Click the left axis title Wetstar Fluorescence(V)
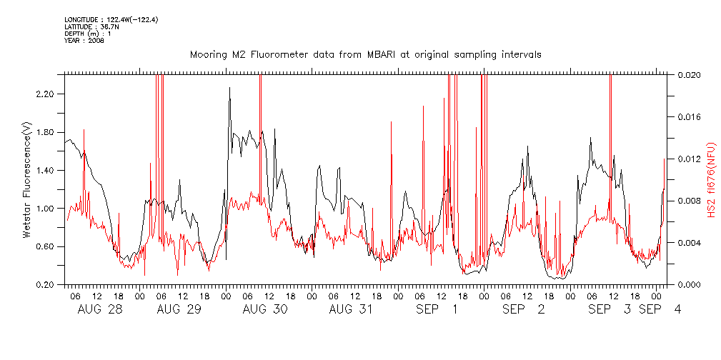point(27,179)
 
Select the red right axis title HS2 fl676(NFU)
point(712,179)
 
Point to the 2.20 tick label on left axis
point(45,94)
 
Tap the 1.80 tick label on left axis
point(45,132)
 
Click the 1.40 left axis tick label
point(45,171)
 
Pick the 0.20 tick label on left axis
point(45,285)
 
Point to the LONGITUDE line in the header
point(111,20)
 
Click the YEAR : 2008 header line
point(84,41)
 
